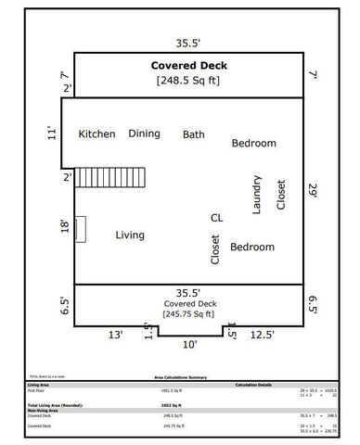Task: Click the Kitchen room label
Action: coord(96,134)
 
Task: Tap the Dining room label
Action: coord(144,133)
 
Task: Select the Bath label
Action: coord(194,134)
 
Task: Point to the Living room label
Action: coord(130,235)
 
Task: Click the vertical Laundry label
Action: coord(257,195)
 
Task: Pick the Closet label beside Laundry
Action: coord(281,195)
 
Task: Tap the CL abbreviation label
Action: coord(216,218)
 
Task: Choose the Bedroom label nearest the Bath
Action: coord(253,144)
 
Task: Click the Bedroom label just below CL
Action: coord(252,248)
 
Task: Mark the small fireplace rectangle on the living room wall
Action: coord(81,229)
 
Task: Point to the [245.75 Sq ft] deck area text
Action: coord(188,314)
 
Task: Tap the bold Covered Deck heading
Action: coord(188,67)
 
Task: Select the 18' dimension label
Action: coord(64,227)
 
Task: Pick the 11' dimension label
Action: coord(64,133)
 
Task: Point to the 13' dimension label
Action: coord(114,336)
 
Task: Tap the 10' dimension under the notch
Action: coord(189,345)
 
